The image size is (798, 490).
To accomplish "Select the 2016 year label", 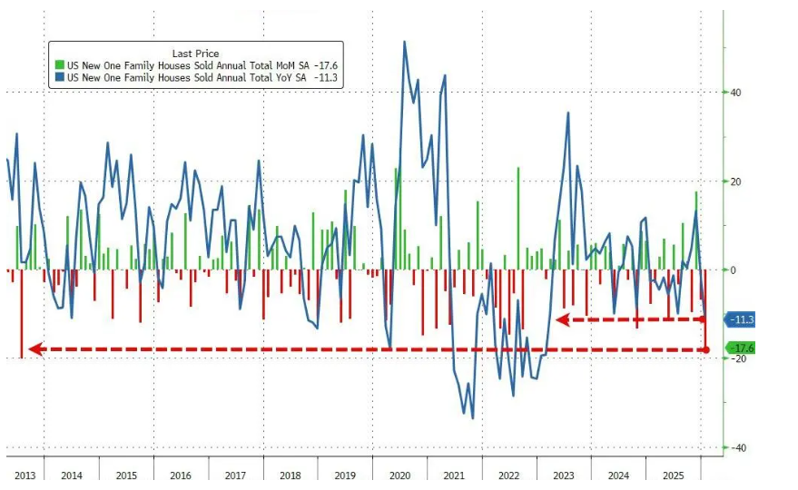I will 181,475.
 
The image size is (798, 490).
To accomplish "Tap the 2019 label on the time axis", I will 344,475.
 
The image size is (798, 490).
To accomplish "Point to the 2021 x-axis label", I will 454,475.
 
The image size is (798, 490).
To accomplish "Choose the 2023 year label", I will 564,475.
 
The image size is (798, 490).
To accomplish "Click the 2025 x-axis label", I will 673,475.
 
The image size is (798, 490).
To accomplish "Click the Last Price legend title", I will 195,54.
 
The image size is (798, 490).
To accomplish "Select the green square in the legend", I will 60,66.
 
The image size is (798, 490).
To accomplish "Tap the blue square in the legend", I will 60,79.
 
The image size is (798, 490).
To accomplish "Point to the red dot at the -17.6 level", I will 706,349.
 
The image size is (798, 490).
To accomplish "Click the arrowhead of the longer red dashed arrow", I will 33,349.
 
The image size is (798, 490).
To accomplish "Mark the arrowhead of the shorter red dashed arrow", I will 560,319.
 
